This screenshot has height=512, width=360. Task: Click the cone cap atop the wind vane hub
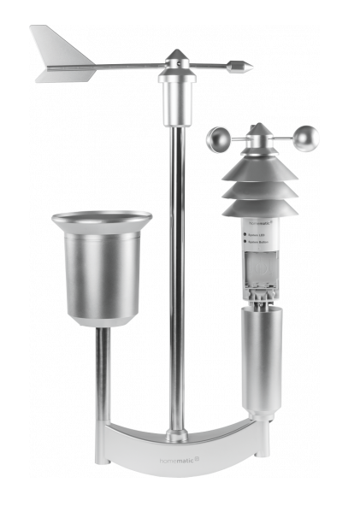[x=176, y=56]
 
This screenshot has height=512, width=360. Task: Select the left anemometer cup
[x=218, y=138]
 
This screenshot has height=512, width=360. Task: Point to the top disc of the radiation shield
[x=259, y=167]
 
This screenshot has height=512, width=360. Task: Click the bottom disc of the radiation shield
[x=261, y=208]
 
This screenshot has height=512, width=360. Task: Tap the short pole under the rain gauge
[x=102, y=376]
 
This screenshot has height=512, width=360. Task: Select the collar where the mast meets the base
[x=177, y=435]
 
